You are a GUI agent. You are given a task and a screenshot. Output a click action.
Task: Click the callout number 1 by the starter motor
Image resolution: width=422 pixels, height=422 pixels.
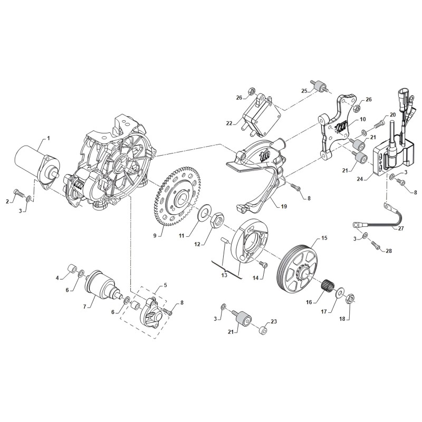coord(48,138)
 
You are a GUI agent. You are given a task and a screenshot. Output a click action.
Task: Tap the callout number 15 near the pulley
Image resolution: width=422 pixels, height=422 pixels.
coord(324,239)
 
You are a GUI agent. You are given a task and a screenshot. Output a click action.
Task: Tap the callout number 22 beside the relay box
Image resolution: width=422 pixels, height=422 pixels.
coord(229,123)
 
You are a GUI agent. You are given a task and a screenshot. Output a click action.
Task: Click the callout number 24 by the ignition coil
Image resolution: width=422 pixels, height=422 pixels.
coord(360,179)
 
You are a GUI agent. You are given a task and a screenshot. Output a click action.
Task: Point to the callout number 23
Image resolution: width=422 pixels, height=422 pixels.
coord(273,322)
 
